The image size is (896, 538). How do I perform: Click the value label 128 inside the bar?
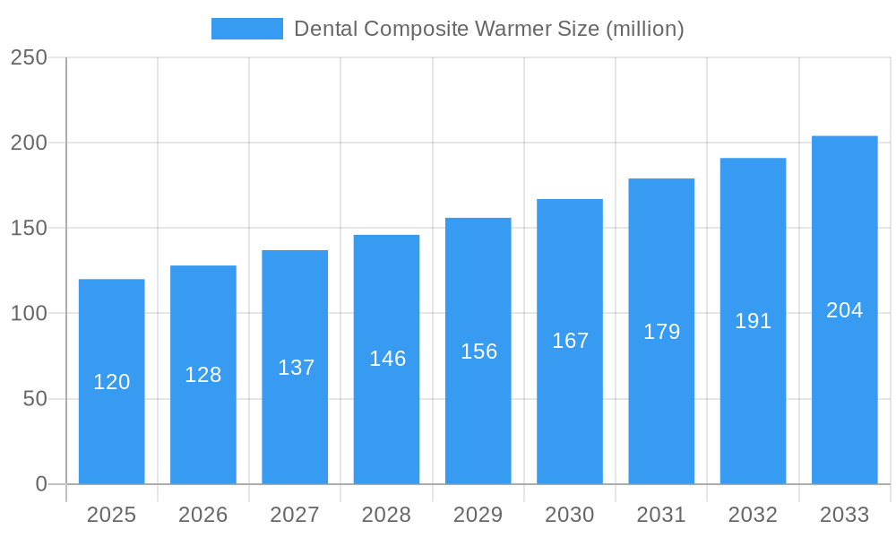pos(203,375)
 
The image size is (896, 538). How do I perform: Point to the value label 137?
pos(296,368)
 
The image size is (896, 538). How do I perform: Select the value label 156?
pos(478,351)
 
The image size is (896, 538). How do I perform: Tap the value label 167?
pos(570,341)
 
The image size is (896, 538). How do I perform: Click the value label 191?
pos(753,321)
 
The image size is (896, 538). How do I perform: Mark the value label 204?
pos(844,310)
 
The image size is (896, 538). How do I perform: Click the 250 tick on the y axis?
pos(29,57)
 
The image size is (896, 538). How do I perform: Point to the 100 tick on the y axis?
pos(29,314)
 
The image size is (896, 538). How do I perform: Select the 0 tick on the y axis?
pos(41,484)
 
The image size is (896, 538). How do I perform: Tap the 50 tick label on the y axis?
pos(35,399)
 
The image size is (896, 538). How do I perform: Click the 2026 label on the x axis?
pos(203,515)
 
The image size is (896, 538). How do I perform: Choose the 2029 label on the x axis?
pos(478,515)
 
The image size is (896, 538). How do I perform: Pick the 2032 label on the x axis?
pos(753,515)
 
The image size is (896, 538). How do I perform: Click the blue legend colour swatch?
pos(246,29)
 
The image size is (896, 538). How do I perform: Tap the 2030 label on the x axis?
pos(570,515)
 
